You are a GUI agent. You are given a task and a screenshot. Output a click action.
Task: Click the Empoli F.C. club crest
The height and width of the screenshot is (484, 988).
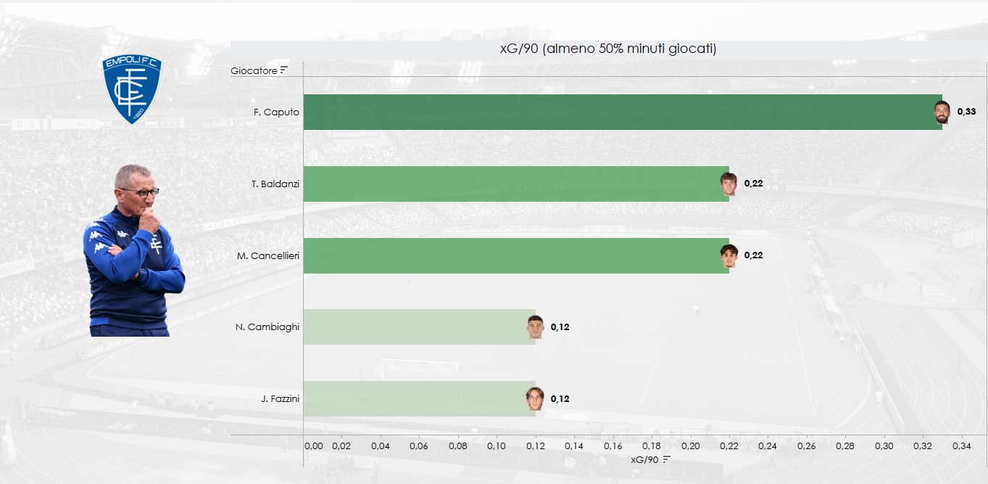coord(131,89)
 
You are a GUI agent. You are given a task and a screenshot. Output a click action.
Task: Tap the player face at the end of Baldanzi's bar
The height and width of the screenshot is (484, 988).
coord(728,184)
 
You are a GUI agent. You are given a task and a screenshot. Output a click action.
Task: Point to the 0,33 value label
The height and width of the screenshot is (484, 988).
coord(966,112)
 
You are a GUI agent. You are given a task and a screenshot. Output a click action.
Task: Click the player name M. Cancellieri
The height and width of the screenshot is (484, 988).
coord(267,255)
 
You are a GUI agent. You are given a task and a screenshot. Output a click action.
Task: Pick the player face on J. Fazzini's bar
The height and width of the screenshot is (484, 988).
coord(535,398)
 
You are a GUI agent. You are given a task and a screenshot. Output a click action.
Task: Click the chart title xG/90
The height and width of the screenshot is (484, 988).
coord(608,49)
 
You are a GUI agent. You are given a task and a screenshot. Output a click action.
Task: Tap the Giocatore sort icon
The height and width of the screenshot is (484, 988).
coord(284,70)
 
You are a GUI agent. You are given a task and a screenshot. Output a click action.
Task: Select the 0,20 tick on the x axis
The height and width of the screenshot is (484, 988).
coord(690,445)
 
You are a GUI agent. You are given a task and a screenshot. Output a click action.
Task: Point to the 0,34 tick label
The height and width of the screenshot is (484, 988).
coord(961,445)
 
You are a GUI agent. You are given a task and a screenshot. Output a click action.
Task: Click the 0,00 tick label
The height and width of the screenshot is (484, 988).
coord(313,445)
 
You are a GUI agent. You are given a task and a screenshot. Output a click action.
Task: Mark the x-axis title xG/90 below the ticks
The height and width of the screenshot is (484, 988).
coord(644,459)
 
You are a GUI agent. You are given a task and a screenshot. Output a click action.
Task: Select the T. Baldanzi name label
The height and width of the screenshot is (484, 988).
coord(275,184)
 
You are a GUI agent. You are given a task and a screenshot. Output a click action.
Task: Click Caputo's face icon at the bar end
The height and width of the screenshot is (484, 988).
coord(942,112)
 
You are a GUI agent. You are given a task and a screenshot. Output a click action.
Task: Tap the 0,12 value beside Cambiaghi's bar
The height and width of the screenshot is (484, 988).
coord(560,327)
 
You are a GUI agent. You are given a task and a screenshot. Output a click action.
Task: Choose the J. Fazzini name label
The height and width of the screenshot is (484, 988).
coord(280,398)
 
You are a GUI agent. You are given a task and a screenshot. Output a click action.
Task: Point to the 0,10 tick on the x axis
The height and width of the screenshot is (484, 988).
coord(497,445)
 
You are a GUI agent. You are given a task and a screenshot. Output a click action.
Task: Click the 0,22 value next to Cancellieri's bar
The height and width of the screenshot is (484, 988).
coord(753,255)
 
